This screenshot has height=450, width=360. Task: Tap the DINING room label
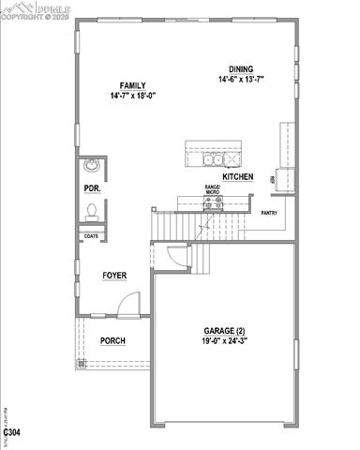pos(240,67)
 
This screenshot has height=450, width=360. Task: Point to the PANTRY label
pos(269,213)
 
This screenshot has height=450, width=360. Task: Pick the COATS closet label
pos(91,236)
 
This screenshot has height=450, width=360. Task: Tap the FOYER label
pos(114,275)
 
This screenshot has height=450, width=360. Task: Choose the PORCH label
pos(113,340)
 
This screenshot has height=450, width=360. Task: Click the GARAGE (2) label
pos(225,332)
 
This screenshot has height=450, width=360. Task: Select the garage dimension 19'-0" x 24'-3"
pos(225,343)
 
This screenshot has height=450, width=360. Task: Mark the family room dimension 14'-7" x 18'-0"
pos(132,95)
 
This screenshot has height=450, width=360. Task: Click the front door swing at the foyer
pos(130,304)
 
